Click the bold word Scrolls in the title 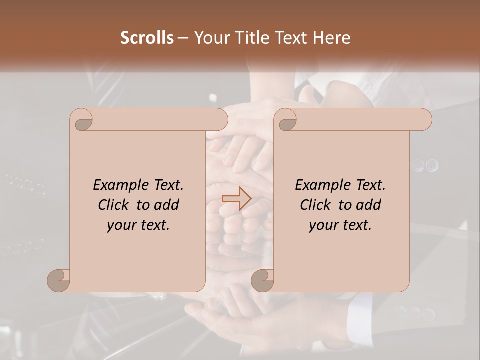(x=147, y=38)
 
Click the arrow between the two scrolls (x=237, y=198)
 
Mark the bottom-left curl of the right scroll (x=262, y=280)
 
